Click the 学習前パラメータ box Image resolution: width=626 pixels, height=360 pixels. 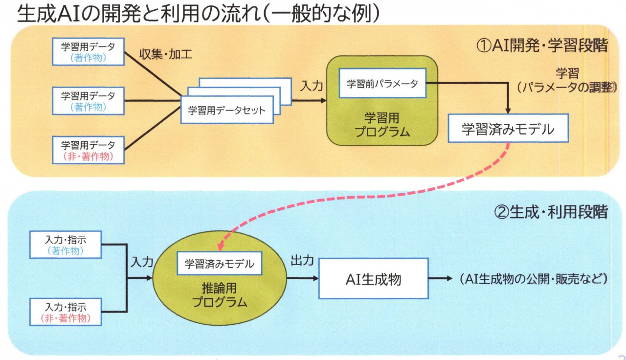382,83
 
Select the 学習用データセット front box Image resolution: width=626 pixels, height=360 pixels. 227,110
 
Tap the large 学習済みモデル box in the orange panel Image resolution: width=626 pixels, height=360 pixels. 508,128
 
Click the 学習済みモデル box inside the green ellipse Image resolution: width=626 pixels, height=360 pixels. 220,263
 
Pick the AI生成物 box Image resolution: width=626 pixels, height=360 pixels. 373,278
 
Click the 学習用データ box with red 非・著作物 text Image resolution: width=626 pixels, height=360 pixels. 89,150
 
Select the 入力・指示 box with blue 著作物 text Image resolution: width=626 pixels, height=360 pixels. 66,245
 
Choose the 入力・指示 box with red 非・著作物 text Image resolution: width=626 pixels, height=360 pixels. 66,312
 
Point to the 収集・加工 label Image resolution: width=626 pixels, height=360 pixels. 165,54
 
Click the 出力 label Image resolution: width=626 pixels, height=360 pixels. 302,260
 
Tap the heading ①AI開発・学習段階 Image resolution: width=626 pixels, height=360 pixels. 542,45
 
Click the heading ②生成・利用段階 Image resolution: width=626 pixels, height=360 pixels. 551,212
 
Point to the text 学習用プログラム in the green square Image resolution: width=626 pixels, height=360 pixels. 382,125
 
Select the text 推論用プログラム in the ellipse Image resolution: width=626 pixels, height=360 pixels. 220,295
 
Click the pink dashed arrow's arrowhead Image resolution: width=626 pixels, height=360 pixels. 221,247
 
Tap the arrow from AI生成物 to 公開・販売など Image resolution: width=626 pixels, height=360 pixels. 441,278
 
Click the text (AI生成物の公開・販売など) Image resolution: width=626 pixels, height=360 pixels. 533,279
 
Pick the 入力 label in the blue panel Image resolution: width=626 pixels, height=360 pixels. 142,262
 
